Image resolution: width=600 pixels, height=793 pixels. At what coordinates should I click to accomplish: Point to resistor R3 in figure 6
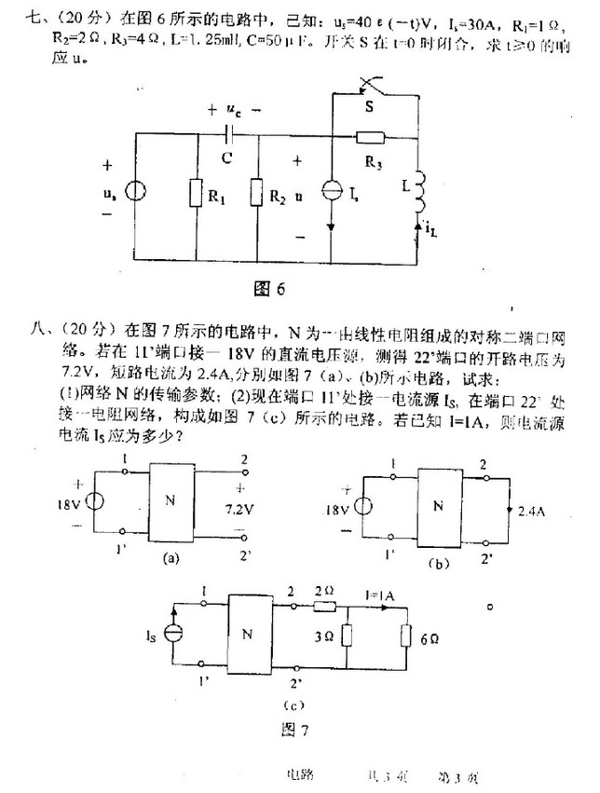(372, 138)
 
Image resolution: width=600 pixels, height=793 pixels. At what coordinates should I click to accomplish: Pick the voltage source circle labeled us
(136, 193)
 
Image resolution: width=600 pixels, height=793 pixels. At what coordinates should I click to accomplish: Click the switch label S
(370, 107)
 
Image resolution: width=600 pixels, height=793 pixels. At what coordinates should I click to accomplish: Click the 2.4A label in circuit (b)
(532, 512)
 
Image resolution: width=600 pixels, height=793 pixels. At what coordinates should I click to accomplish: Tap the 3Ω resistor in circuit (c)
(347, 638)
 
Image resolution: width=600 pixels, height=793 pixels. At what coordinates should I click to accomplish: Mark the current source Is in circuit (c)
(173, 634)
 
